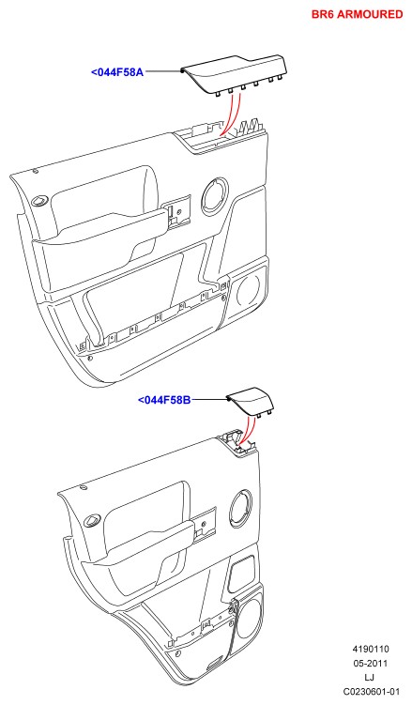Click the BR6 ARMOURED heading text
358,14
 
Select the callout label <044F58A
117,72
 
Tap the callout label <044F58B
164,399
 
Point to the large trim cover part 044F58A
234,74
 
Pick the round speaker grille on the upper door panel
215,196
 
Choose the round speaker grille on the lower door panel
241,509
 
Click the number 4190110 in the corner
370,650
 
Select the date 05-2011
370,663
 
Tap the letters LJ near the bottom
370,677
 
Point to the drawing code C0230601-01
371,691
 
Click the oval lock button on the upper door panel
41,201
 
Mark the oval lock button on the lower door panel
93,520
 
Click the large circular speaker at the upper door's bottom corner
247,290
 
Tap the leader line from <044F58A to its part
162,71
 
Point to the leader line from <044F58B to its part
210,398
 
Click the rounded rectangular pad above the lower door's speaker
242,574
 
